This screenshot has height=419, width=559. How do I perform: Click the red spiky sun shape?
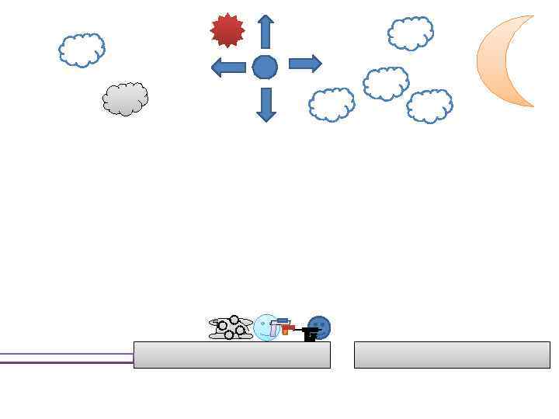pos(227,30)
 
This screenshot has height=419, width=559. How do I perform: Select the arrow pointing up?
pos(266,32)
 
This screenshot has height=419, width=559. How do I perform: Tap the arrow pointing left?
pos(228,68)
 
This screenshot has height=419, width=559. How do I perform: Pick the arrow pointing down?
pos(266,104)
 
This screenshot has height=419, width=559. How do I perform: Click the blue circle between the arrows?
pos(265,68)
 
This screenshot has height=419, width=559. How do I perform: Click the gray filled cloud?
pos(125,99)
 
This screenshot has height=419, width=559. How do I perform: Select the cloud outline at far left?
pos(82,50)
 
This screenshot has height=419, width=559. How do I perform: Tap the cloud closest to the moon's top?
pos(411,33)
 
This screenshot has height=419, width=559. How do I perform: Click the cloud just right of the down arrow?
pos(332,105)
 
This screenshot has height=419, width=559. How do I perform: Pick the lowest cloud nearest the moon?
pos(429,106)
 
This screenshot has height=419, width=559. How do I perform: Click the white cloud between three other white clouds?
pos(386,83)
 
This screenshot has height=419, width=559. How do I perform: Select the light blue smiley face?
pos(266,328)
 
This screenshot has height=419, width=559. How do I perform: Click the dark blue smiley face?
pos(319,326)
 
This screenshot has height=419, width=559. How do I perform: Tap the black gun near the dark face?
pos(310,334)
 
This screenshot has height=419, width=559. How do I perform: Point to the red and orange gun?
pos(286,327)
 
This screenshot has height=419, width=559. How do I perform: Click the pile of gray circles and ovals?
pos(231,328)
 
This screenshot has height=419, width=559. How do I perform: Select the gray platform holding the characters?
pos(232,355)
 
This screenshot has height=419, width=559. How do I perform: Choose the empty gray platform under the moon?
pos(452,355)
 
